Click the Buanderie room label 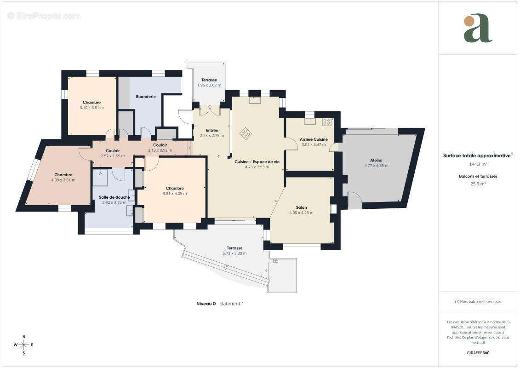click(x=146, y=97)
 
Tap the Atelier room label click(x=377, y=160)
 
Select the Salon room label click(x=302, y=207)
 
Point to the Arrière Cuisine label click(x=314, y=139)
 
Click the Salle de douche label click(x=114, y=197)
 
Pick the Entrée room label click(x=212, y=130)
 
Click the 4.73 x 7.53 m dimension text click(x=257, y=167)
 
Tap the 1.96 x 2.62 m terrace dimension click(x=209, y=85)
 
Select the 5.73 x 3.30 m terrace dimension click(x=234, y=253)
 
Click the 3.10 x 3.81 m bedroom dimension click(x=91, y=108)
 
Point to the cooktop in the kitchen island click(x=246, y=133)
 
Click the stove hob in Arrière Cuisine click(x=326, y=122)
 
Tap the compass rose click(x=24, y=345)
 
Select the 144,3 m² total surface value click(x=478, y=164)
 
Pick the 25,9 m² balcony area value click(x=478, y=184)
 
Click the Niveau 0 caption click(x=206, y=304)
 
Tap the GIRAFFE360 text click(x=478, y=353)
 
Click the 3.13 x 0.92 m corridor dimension click(x=160, y=150)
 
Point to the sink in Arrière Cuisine click(x=310, y=121)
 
